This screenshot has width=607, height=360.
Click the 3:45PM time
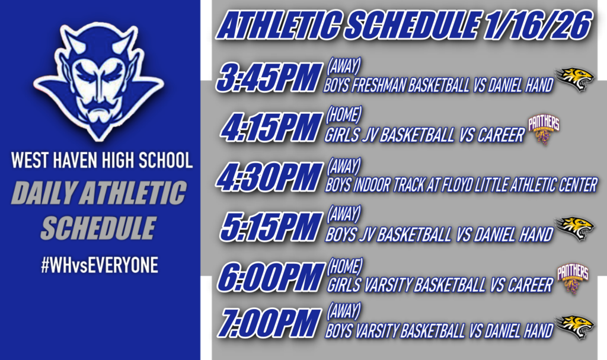tap(266, 78)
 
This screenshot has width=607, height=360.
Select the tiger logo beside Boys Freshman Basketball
tap(574, 79)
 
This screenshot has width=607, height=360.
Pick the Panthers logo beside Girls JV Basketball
tap(544, 129)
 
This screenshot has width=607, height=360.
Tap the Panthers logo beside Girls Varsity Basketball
tap(573, 279)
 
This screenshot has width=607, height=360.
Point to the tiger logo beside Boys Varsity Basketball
tap(574, 327)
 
